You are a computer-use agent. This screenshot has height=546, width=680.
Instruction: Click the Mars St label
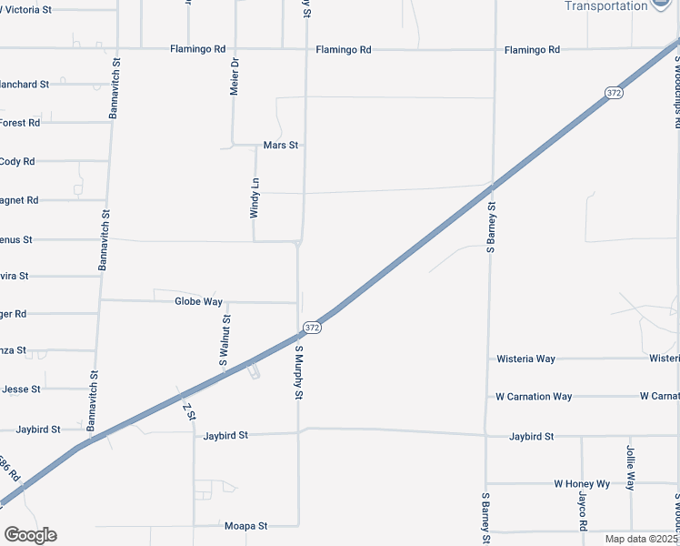[x=281, y=145]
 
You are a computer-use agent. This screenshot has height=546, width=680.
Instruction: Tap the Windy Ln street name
[x=255, y=197]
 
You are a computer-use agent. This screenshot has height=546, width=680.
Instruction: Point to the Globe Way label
[x=198, y=300]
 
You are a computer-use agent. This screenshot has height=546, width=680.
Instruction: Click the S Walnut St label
[x=226, y=340]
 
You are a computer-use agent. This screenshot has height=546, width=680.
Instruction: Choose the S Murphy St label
[x=298, y=371]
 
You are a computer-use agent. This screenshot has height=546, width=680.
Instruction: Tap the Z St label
[x=190, y=412]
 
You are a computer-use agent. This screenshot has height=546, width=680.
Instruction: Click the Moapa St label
[x=245, y=526]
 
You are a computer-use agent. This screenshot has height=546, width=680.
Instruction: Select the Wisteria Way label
[x=525, y=359]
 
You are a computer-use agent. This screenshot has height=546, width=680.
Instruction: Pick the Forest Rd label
[x=20, y=122]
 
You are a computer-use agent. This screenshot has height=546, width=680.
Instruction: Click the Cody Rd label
[x=17, y=161]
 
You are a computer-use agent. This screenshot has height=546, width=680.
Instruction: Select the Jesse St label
[x=21, y=389]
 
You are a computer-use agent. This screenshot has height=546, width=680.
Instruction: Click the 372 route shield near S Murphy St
[x=312, y=327]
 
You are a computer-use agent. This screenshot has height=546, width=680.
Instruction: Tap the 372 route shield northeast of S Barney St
[x=615, y=93]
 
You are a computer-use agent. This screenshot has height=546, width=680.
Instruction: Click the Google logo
[x=31, y=535]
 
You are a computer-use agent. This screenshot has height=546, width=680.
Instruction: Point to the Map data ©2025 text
[x=640, y=539]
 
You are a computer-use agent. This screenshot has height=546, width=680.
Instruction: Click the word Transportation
[x=606, y=6]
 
